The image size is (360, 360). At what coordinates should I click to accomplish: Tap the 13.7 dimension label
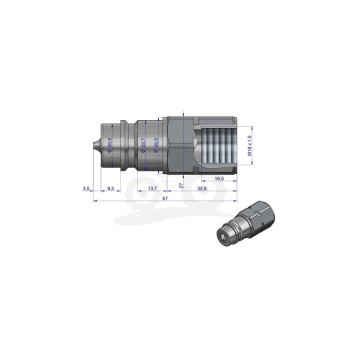[x=151, y=187]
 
